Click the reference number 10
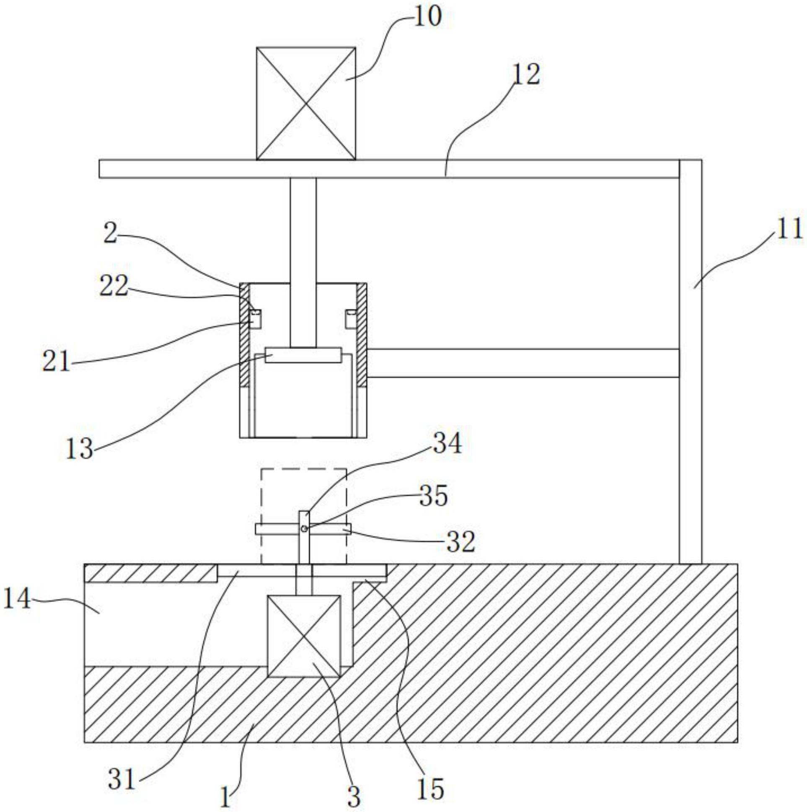pyautogui.click(x=428, y=18)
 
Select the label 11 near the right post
pyautogui.click(x=789, y=230)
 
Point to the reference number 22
pyautogui.click(x=114, y=287)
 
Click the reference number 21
pyautogui.click(x=56, y=362)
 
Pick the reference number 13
pyautogui.click(x=79, y=449)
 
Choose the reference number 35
pyautogui.click(x=433, y=497)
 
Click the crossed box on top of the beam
pyautogui.click(x=305, y=103)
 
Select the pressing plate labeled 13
pyautogui.click(x=303, y=355)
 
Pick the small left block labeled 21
pyautogui.click(x=256, y=318)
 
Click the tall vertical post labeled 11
pyautogui.click(x=690, y=362)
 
